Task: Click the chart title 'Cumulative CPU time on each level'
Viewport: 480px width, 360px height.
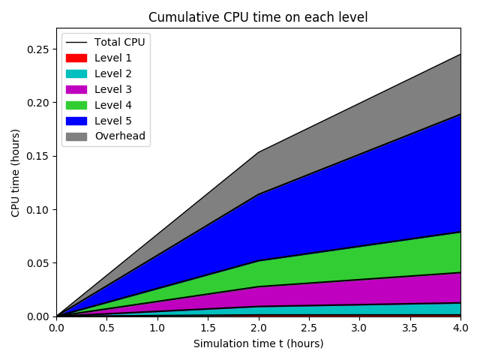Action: pos(258,17)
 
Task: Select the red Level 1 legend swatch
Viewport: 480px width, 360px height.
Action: pos(76,58)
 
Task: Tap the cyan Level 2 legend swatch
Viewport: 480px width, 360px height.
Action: pos(76,73)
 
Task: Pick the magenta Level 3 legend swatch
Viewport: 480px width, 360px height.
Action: pos(76,89)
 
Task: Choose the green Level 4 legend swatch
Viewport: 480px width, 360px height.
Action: pos(76,105)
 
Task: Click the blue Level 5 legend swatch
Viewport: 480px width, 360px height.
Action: pos(76,121)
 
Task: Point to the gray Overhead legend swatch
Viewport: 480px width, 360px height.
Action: pos(76,136)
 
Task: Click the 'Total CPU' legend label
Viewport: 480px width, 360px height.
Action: pos(120,42)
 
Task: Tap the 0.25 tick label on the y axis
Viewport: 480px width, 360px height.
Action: pos(39,49)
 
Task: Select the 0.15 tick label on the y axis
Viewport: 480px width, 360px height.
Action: pos(39,156)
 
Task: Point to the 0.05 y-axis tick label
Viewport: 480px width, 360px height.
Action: pos(39,263)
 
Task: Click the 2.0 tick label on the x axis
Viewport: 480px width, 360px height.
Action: pos(258,328)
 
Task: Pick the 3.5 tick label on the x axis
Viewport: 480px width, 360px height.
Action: pos(409,328)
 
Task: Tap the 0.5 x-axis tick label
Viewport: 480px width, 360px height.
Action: pos(106,328)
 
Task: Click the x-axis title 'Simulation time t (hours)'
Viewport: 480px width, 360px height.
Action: pos(258,343)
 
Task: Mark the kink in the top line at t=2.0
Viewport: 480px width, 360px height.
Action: pos(258,152)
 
